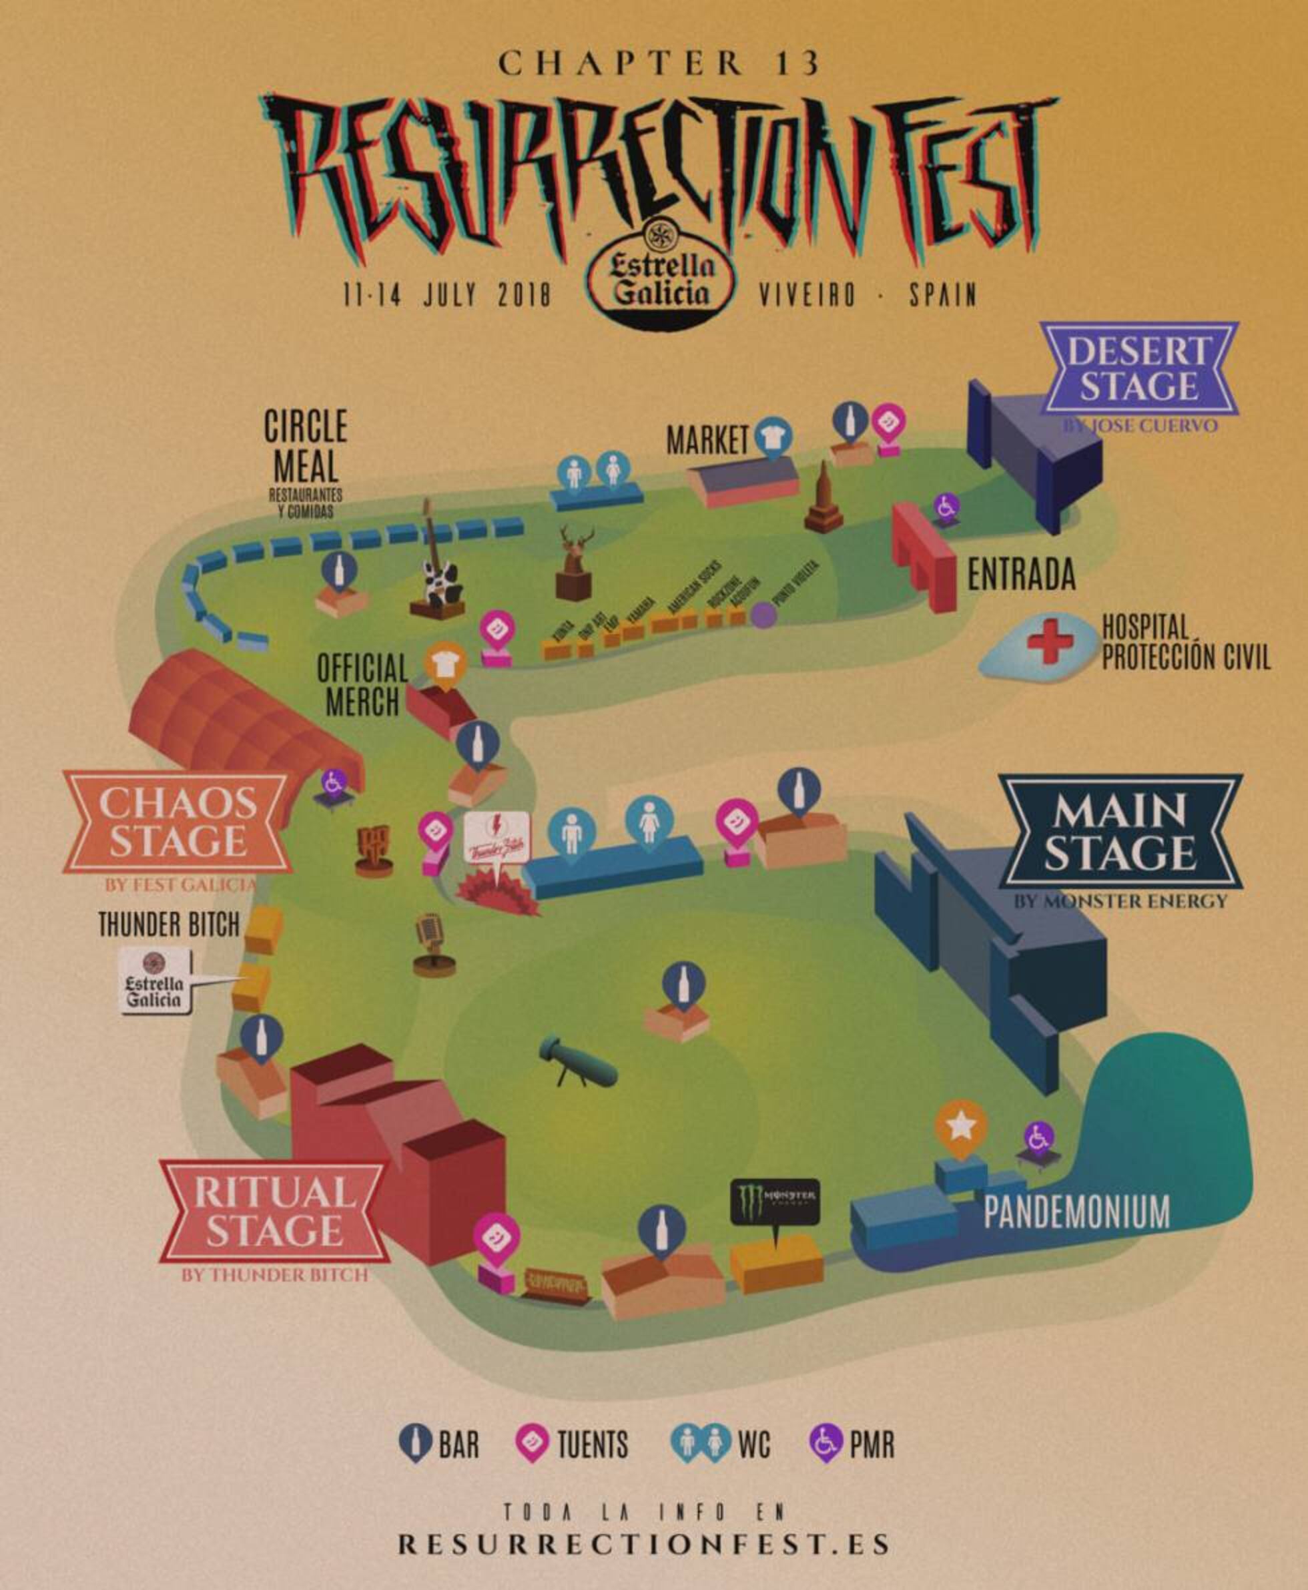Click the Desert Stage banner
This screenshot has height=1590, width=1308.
coord(1138,368)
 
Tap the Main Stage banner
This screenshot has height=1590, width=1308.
coord(1119,832)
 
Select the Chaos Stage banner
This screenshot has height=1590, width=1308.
coord(177,822)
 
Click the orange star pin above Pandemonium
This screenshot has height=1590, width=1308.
coord(961,1127)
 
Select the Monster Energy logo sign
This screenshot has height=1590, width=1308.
coord(775,1200)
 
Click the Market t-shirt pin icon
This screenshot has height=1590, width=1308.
coord(774,437)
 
